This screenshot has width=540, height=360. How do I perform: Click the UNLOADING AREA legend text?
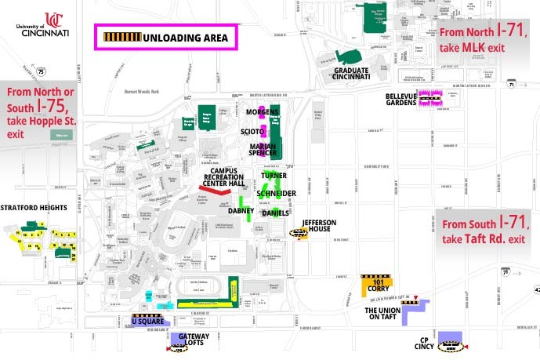pyautogui.click(x=185, y=37)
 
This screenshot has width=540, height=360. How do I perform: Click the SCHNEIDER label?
pyautogui.click(x=276, y=193)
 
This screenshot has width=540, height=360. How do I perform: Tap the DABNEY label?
pyautogui.click(x=241, y=211)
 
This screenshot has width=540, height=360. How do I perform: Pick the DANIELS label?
pyautogui.click(x=276, y=213)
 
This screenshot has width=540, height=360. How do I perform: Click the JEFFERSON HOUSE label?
pyautogui.click(x=318, y=226)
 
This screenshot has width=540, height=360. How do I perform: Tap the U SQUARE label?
pyautogui.click(x=146, y=322)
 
